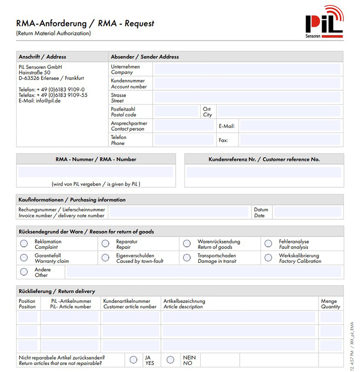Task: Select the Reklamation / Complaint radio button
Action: pos(24,244)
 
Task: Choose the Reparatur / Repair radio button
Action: pos(106,244)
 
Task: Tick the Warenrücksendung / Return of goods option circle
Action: pos(187,244)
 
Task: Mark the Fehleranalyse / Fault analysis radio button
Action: pos(268,244)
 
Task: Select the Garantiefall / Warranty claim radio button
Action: pos(24,258)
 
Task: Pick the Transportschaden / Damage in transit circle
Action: pos(187,258)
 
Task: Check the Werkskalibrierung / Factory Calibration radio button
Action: pos(268,258)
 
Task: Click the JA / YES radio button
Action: pos(134,360)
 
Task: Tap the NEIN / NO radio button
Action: pos(171,360)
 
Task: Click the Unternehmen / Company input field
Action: pos(247,69)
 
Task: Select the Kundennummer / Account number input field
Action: pos(247,83)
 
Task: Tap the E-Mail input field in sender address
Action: pos(290,126)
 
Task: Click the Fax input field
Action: pos(290,140)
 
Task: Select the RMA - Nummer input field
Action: pos(95,172)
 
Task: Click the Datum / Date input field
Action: pos(307,212)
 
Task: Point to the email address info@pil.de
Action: pos(48,101)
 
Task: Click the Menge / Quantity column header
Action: pos(330,304)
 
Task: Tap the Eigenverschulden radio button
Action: pos(106,258)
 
